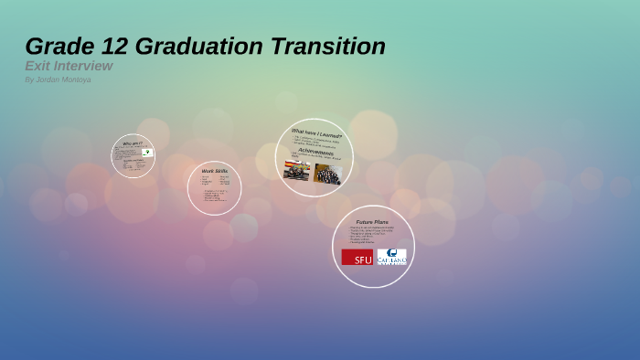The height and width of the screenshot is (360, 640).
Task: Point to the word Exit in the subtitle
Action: point(37,66)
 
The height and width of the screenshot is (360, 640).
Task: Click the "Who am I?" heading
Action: point(132,143)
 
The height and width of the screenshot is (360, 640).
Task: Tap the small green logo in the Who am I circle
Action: point(146,153)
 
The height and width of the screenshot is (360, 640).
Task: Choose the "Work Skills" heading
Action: point(214,171)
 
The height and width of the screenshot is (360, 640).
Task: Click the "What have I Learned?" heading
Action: point(316,134)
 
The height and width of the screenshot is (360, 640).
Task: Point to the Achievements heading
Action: point(315,152)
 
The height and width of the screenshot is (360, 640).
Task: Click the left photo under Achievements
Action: point(297,171)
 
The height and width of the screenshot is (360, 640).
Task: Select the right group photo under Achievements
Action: point(327,174)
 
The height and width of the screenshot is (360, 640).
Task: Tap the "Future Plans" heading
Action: point(372,221)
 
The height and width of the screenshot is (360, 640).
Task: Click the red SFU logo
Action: point(357,257)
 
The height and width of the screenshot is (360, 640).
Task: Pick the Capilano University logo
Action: point(391,257)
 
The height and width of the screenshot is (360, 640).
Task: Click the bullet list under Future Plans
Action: point(371,235)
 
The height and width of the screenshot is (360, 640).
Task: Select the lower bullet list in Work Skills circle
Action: point(215,195)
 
